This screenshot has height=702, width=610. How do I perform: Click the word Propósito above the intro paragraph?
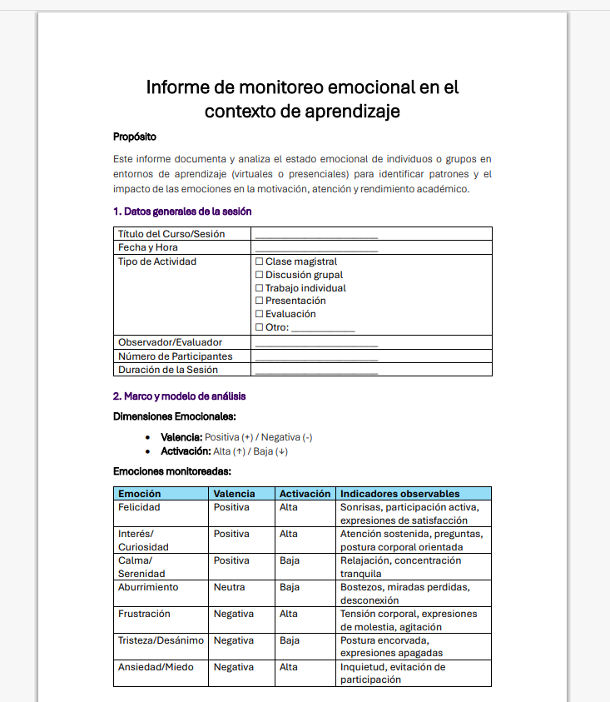135,137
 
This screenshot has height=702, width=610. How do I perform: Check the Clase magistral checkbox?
259,261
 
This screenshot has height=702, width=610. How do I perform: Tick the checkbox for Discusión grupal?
259,275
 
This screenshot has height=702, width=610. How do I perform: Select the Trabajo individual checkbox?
259,288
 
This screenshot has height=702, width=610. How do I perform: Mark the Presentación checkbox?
259,301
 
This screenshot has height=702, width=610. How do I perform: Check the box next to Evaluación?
259,314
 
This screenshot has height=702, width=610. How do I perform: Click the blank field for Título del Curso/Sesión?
316,235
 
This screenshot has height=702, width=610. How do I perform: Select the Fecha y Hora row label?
148,247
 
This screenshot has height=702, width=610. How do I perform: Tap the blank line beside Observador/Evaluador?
316,343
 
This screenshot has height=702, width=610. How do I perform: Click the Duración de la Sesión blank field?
316,371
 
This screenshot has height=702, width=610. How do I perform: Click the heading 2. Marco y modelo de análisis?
179,396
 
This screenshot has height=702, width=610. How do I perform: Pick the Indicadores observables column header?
400,494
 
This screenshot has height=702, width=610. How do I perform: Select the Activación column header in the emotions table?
305,494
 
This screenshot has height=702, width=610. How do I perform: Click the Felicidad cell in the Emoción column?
139,507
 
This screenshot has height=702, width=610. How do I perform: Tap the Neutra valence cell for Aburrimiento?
230,587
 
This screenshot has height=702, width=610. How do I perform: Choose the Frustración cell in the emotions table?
144,614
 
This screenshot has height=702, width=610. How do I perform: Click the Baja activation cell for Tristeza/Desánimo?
290,640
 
